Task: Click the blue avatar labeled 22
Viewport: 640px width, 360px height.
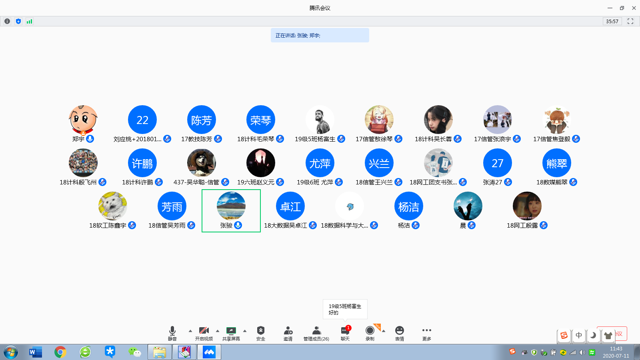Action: [x=142, y=120]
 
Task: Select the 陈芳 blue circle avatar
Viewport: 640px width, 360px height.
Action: [x=202, y=120]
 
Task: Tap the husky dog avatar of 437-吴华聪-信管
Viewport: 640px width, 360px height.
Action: [x=202, y=163]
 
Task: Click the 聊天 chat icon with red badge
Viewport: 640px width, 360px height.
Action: [x=345, y=331]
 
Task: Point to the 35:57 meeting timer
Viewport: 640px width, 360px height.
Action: [x=612, y=21]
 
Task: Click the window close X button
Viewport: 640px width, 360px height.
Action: [x=634, y=8]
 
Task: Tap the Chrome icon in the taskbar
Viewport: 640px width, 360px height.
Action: [x=60, y=352]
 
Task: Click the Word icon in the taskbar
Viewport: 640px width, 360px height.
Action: [x=35, y=352]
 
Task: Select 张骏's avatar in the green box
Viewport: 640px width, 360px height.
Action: [x=231, y=206]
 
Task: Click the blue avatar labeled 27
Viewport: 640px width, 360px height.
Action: [x=498, y=163]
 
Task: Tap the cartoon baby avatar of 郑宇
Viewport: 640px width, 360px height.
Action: [x=83, y=120]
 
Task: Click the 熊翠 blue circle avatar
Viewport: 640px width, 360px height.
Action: [x=557, y=163]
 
